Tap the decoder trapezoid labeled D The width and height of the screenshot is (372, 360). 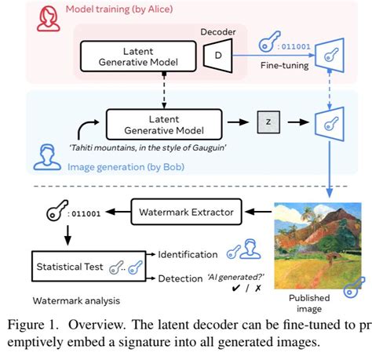click(x=214, y=55)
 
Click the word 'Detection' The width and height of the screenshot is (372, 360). click(x=179, y=278)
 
